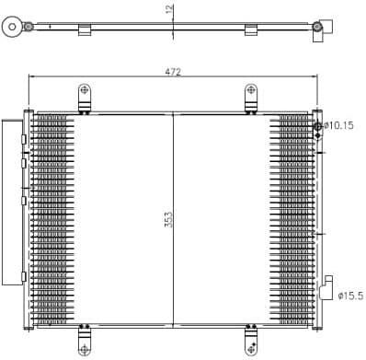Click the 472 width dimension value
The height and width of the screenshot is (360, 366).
click(x=173, y=70)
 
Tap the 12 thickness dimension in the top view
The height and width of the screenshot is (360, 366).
click(x=169, y=10)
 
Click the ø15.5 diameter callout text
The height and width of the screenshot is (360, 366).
click(x=349, y=295)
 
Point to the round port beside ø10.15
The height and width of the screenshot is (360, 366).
click(x=319, y=126)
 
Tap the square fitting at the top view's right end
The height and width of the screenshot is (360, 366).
click(x=320, y=30)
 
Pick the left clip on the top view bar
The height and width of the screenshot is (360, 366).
click(x=86, y=31)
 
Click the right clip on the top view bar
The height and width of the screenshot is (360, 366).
click(x=251, y=31)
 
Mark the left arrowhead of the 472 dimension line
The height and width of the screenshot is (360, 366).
click(x=33, y=76)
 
